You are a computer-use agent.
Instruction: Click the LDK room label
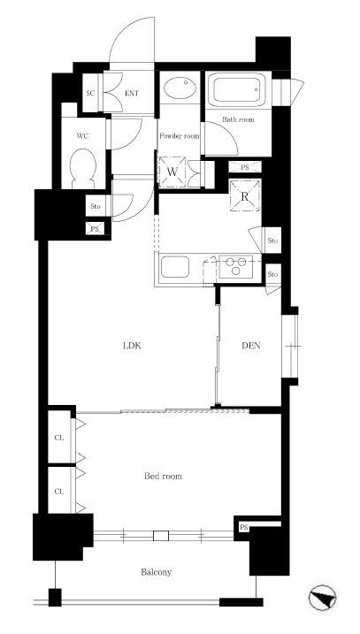(x=132, y=346)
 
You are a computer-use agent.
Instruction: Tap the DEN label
(x=251, y=346)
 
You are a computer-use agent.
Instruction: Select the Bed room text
(x=163, y=476)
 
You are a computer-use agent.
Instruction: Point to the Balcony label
(x=157, y=572)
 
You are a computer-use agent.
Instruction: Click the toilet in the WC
(x=83, y=168)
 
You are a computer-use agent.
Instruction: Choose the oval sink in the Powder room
(x=180, y=88)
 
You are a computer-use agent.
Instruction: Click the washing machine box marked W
(x=172, y=172)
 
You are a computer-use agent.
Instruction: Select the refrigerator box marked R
(x=245, y=195)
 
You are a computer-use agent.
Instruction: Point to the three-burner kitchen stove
(x=236, y=266)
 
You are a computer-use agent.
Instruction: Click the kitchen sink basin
(x=175, y=267)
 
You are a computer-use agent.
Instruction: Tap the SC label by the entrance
(x=90, y=93)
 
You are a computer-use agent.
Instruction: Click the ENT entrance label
(x=132, y=93)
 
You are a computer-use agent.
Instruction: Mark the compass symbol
(x=323, y=598)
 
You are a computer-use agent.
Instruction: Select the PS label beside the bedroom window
(x=243, y=528)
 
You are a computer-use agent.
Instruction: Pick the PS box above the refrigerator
(x=245, y=166)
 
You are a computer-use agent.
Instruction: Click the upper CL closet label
(x=59, y=438)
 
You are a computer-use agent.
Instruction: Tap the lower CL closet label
(x=59, y=492)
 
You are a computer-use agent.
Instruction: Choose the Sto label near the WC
(x=95, y=206)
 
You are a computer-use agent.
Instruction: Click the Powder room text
(x=180, y=136)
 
